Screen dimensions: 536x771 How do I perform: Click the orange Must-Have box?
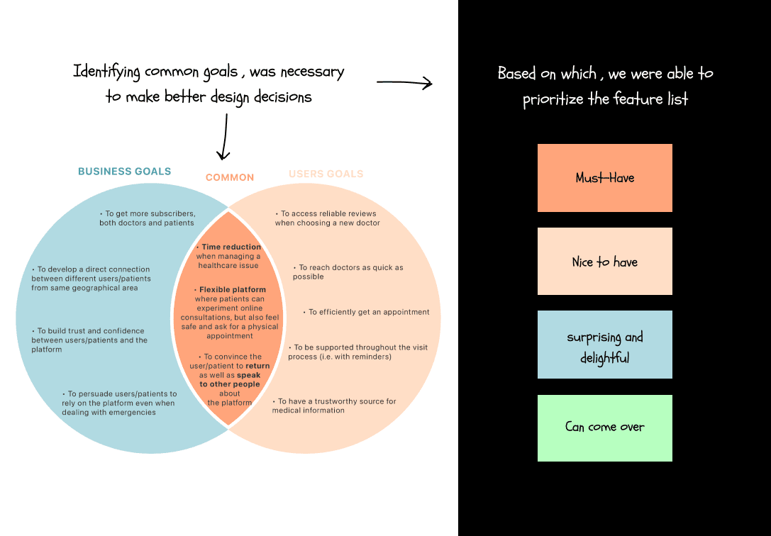pyautogui.click(x=604, y=178)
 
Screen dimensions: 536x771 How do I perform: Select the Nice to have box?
pyautogui.click(x=604, y=262)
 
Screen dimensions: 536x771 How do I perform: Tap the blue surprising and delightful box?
pyautogui.click(x=604, y=345)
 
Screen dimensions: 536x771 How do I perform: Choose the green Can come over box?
pyautogui.click(x=604, y=428)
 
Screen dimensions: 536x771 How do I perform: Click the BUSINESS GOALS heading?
pyautogui.click(x=124, y=172)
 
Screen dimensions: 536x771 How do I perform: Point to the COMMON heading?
pyautogui.click(x=230, y=178)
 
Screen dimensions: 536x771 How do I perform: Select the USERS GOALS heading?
pyautogui.click(x=326, y=174)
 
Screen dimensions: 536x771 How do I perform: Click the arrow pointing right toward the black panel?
pyautogui.click(x=404, y=84)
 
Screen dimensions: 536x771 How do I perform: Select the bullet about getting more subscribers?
pyautogui.click(x=147, y=218)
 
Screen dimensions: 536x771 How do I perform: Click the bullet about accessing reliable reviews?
pyautogui.click(x=327, y=218)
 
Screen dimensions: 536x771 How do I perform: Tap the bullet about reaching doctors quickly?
pyautogui.click(x=348, y=272)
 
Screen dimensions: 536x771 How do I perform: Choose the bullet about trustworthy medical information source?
pyautogui.click(x=334, y=406)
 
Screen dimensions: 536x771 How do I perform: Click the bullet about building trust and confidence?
pyautogui.click(x=89, y=340)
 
